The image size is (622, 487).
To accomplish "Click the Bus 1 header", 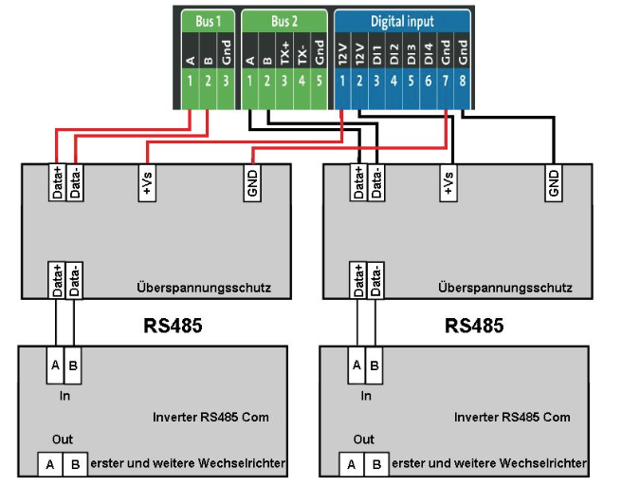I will tap(208, 21).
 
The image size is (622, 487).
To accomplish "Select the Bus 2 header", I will tap(284, 21).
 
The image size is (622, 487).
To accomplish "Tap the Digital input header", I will tap(402, 21).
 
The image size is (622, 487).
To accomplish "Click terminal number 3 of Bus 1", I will tap(225, 81).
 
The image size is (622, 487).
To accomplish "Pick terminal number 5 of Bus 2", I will tap(320, 81).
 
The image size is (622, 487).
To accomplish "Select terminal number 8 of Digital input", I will tap(462, 81).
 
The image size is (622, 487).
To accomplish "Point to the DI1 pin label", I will tap(376, 53).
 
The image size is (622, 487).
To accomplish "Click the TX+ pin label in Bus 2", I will tap(284, 53).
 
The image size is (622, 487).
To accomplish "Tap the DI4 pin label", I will tap(428, 53).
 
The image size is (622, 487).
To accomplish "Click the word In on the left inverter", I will tap(64, 397).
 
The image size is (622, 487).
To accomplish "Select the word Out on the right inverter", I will tap(365, 440).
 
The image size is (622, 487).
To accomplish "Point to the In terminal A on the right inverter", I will tap(357, 365).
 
